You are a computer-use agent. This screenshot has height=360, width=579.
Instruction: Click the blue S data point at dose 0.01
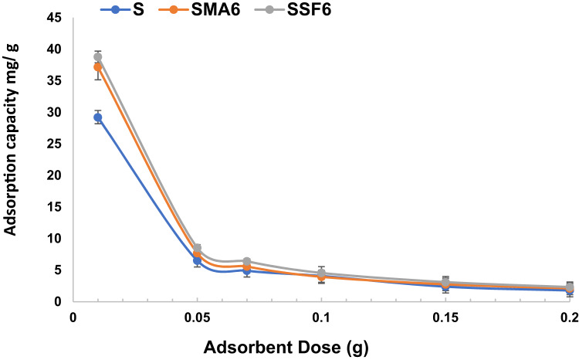point(97,117)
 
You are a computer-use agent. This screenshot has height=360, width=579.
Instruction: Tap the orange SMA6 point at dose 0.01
point(97,67)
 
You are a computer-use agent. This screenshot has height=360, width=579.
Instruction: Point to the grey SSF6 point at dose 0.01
point(97,57)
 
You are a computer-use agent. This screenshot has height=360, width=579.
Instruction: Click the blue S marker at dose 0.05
point(197,261)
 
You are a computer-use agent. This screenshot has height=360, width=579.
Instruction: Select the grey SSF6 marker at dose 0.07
point(246,262)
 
